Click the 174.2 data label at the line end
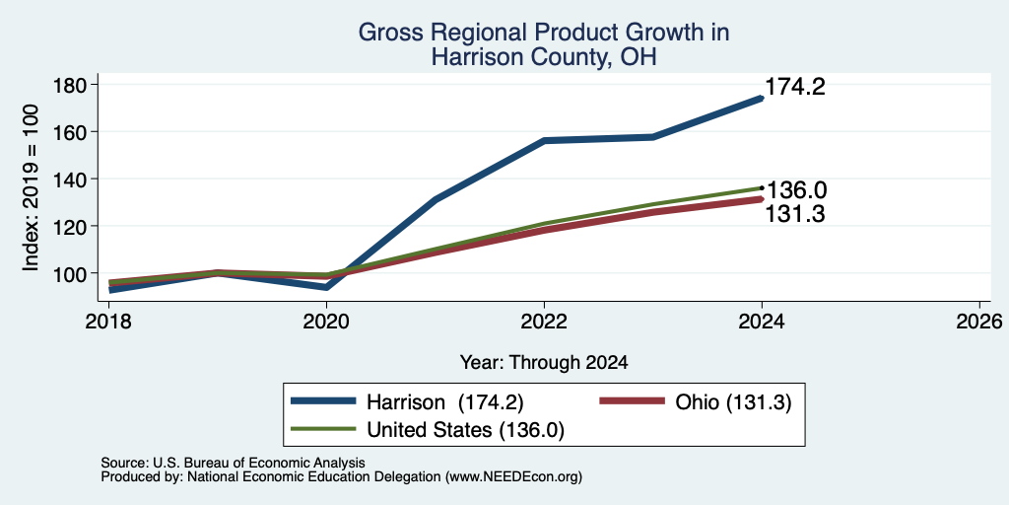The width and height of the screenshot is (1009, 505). (795, 87)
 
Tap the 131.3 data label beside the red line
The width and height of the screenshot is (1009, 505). (795, 214)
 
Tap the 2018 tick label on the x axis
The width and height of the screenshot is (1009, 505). (108, 321)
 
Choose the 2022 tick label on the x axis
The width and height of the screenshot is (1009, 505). (544, 321)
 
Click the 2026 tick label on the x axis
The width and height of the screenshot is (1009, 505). (979, 321)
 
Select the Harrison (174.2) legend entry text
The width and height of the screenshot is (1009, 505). (445, 402)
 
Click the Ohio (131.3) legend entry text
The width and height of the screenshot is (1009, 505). (733, 402)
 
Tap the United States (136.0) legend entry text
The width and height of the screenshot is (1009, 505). (465, 430)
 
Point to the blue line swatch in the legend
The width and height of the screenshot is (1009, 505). (323, 401)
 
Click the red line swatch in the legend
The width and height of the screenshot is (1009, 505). (632, 401)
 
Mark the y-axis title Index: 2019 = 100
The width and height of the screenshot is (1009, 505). (31, 187)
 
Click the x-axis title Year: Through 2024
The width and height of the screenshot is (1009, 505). (544, 363)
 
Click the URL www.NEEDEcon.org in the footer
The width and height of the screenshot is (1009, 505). (512, 477)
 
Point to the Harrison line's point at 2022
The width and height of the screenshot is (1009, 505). (544, 140)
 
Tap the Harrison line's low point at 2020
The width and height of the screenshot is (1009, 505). (327, 287)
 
